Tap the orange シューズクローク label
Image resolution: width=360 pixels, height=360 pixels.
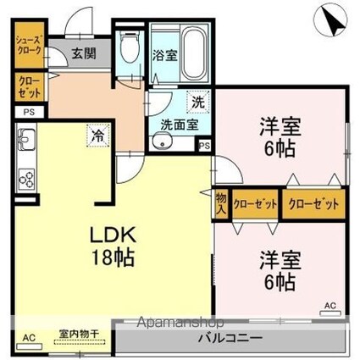point(27,46)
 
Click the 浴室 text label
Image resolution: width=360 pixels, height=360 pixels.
point(163,57)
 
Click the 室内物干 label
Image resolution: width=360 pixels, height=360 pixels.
point(79,334)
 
